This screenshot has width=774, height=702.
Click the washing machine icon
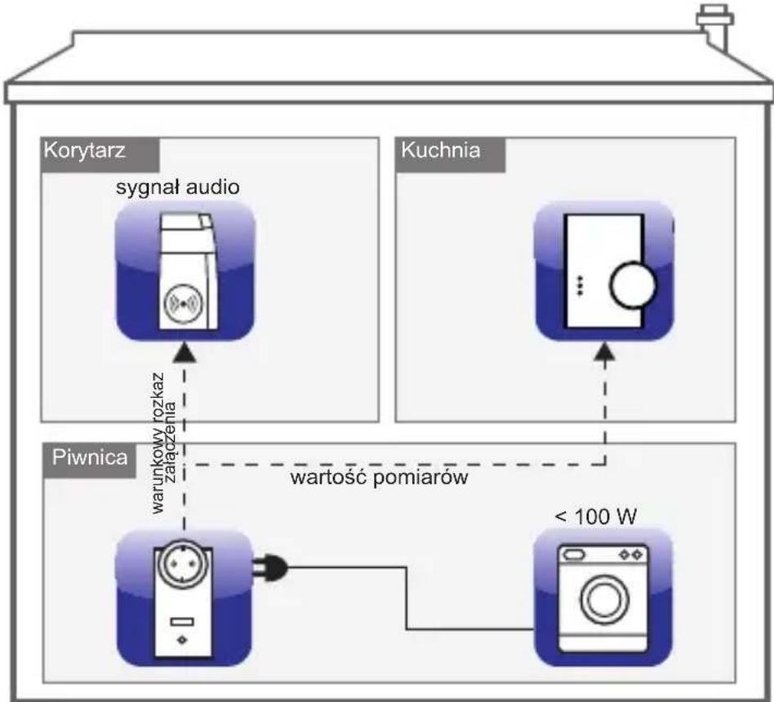click(604, 597)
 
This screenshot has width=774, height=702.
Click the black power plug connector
click(269, 567)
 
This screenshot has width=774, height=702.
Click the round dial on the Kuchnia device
click(633, 284)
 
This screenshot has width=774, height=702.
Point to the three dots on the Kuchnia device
click(580, 284)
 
